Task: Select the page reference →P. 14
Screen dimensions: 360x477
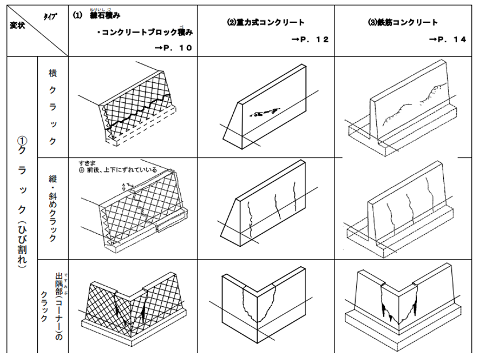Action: tap(448, 39)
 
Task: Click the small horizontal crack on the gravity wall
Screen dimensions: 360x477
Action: tap(266, 112)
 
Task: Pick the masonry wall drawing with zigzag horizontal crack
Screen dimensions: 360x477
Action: tap(137, 111)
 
